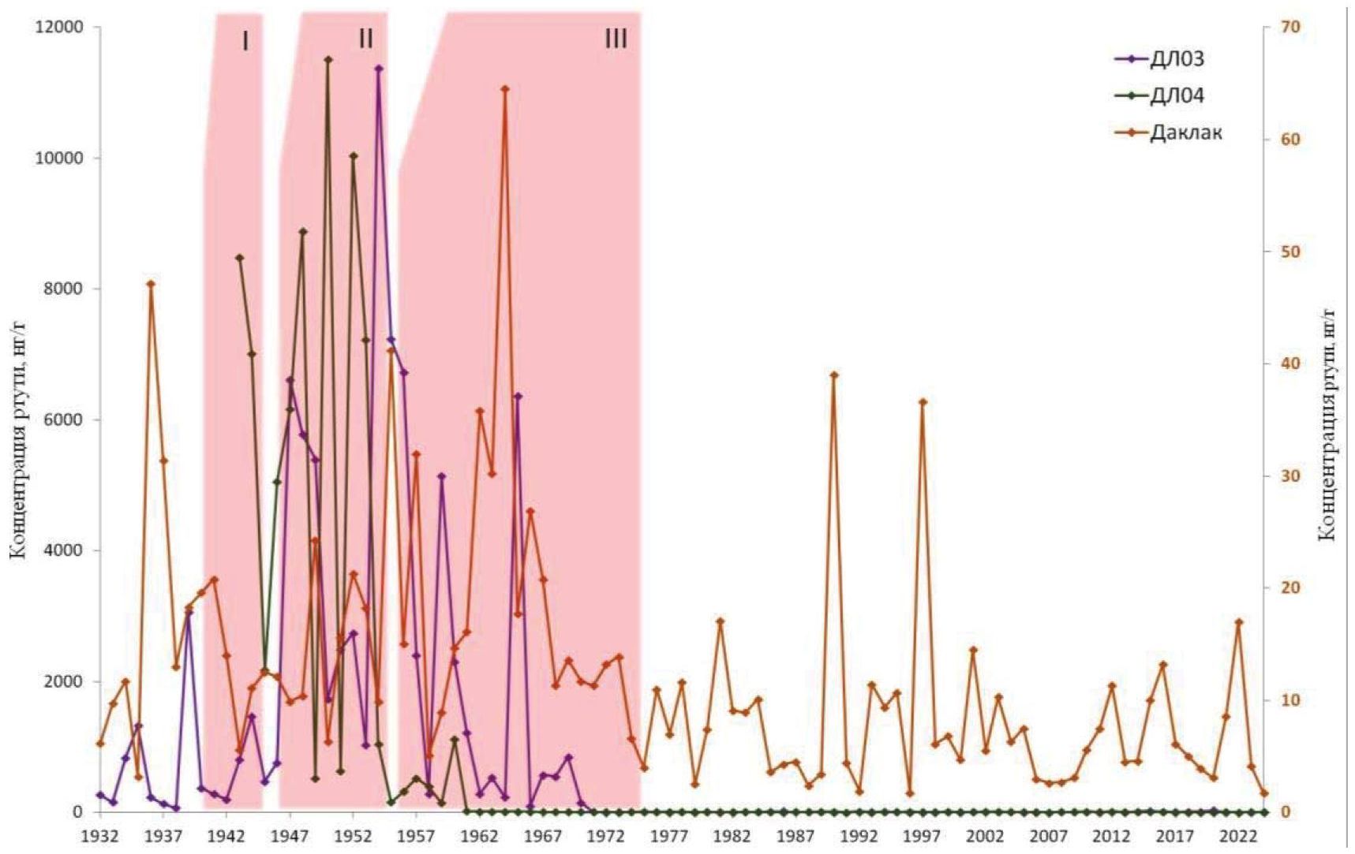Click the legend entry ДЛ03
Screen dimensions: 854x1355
tap(1176, 59)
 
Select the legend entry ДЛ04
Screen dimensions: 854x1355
tap(1176, 96)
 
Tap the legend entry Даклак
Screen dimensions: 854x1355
tap(1185, 132)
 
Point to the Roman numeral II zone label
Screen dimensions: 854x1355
tap(365, 38)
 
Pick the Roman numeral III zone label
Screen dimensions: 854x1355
tap(616, 38)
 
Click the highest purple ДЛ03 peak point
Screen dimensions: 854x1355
tap(379, 69)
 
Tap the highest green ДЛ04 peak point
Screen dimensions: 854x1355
tap(328, 59)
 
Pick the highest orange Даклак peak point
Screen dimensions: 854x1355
tap(505, 88)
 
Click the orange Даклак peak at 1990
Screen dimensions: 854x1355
tap(834, 375)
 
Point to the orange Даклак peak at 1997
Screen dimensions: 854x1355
tap(923, 401)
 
